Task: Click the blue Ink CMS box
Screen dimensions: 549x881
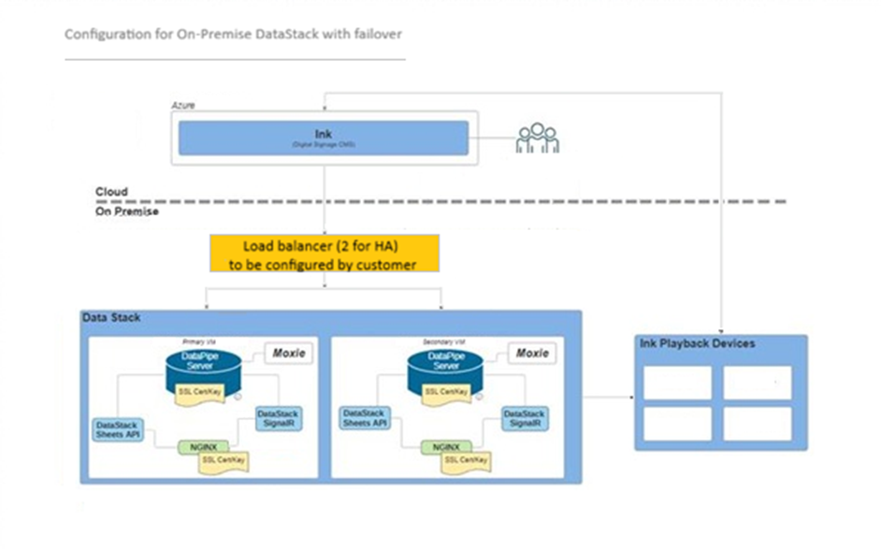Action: point(324,138)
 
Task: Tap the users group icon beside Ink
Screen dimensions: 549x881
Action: point(538,137)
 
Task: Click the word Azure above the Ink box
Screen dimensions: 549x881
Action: point(183,106)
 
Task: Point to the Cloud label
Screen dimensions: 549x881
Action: point(111,192)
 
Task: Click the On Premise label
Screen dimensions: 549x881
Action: point(127,212)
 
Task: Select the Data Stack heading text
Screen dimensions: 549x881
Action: point(111,319)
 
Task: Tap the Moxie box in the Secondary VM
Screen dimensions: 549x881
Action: point(531,354)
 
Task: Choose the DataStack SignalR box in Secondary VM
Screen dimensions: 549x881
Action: point(523,418)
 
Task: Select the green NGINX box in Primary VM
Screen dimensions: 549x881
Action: point(198,446)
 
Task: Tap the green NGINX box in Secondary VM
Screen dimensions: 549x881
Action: point(442,446)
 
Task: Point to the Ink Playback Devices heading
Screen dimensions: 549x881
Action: point(697,344)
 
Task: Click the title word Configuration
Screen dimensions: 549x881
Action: point(102,35)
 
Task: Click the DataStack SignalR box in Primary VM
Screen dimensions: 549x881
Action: point(278,418)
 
